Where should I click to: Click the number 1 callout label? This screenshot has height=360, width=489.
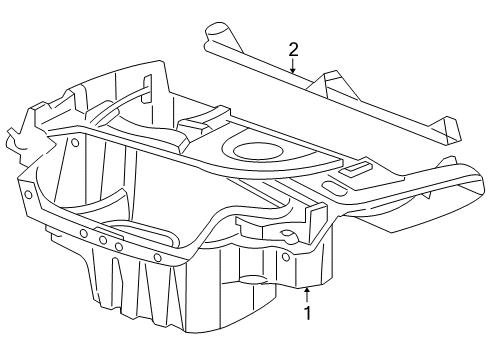click(307, 314)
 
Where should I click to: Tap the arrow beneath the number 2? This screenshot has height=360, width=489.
click(293, 69)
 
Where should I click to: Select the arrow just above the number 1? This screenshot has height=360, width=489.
click(307, 293)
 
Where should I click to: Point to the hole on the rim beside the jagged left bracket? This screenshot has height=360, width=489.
click(76, 141)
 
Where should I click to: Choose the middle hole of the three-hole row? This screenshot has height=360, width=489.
click(102, 240)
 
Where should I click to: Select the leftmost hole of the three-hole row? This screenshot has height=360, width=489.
click(84, 234)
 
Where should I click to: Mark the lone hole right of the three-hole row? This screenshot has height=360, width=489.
click(156, 257)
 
